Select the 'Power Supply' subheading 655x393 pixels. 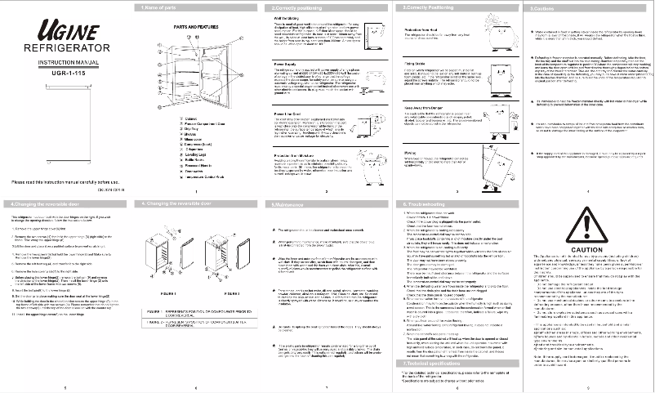pos(287,62)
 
